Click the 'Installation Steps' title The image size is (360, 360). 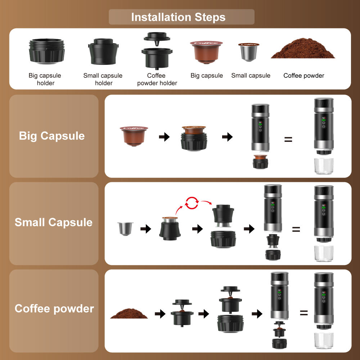pos(178,17)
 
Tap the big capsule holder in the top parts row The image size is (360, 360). pos(46,51)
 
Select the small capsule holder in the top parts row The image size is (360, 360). pos(103,51)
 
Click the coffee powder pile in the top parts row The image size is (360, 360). pos(303,48)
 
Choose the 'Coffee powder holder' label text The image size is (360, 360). pos(157,79)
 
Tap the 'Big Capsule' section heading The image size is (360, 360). pos(51,136)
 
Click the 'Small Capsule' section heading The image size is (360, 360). pos(54,222)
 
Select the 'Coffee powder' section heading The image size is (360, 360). pos(54,309)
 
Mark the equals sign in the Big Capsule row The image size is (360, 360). pos(288,139)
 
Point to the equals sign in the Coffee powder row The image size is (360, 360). pos(304,313)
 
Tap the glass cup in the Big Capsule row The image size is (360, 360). pos(324,166)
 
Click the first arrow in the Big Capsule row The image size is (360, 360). pos(164,137)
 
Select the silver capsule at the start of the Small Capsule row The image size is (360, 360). pos(125,229)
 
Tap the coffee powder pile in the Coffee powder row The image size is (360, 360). pos(129,314)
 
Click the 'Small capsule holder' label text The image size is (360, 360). pos(103,79)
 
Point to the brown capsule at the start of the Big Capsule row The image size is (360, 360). pos(134,136)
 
